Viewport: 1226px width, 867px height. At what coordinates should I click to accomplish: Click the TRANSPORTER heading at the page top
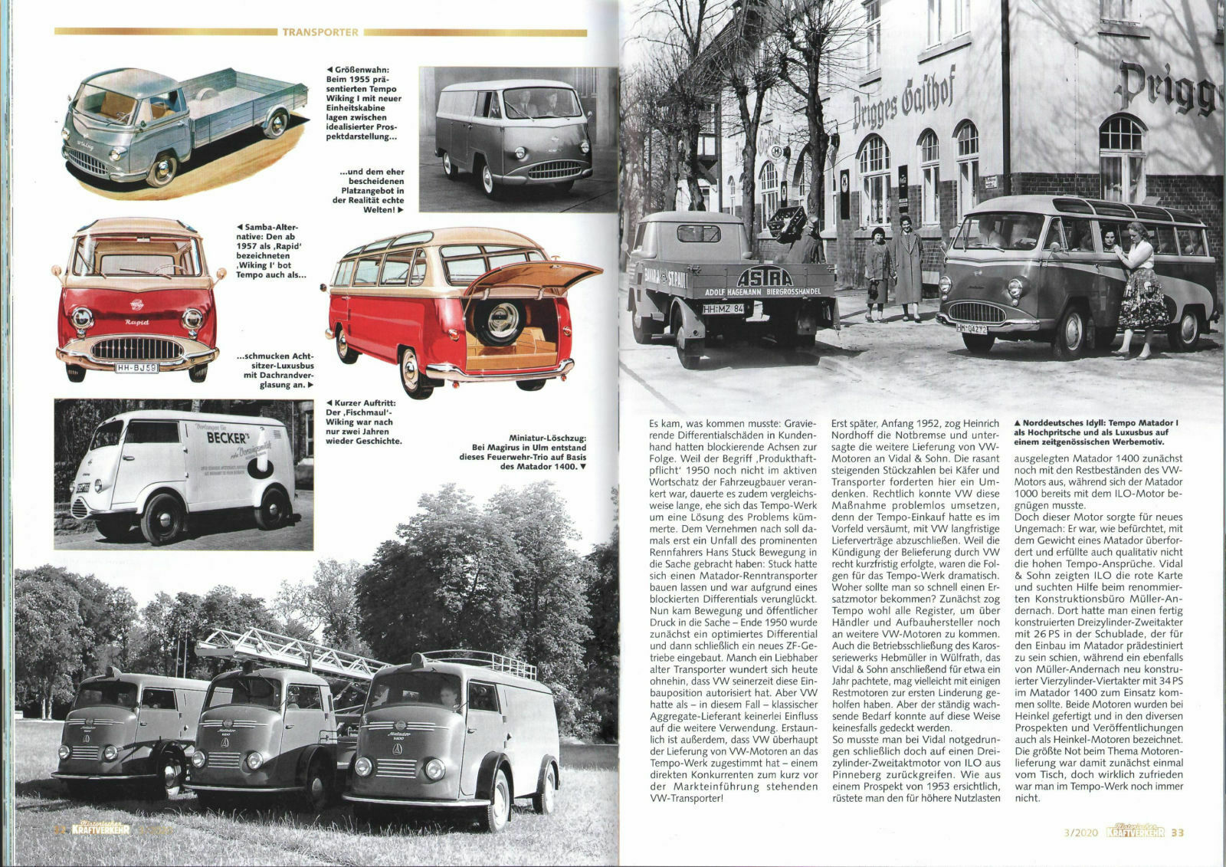(320, 32)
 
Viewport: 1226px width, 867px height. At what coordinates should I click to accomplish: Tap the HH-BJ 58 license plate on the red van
(136, 368)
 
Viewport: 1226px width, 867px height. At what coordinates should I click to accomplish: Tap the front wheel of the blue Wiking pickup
(162, 169)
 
